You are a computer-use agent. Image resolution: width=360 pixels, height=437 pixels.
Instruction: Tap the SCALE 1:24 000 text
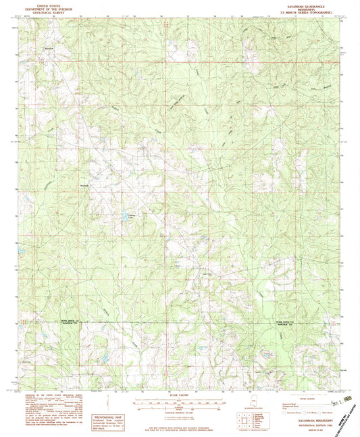tap(179, 395)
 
